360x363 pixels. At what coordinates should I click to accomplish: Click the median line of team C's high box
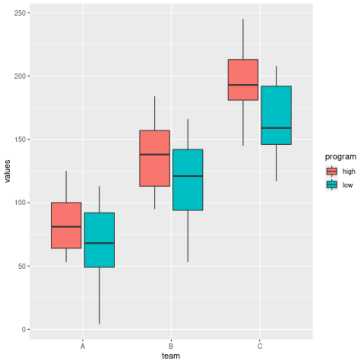coord(243,85)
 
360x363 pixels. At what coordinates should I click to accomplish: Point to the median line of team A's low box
coord(99,243)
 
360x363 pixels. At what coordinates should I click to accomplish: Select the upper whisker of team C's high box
coord(243,39)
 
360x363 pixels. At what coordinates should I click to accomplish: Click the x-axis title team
coord(171,356)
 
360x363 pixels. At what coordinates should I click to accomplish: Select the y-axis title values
coord(7,171)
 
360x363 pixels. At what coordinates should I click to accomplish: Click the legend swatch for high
coord(332,172)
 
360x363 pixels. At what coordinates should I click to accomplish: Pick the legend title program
coord(341,157)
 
